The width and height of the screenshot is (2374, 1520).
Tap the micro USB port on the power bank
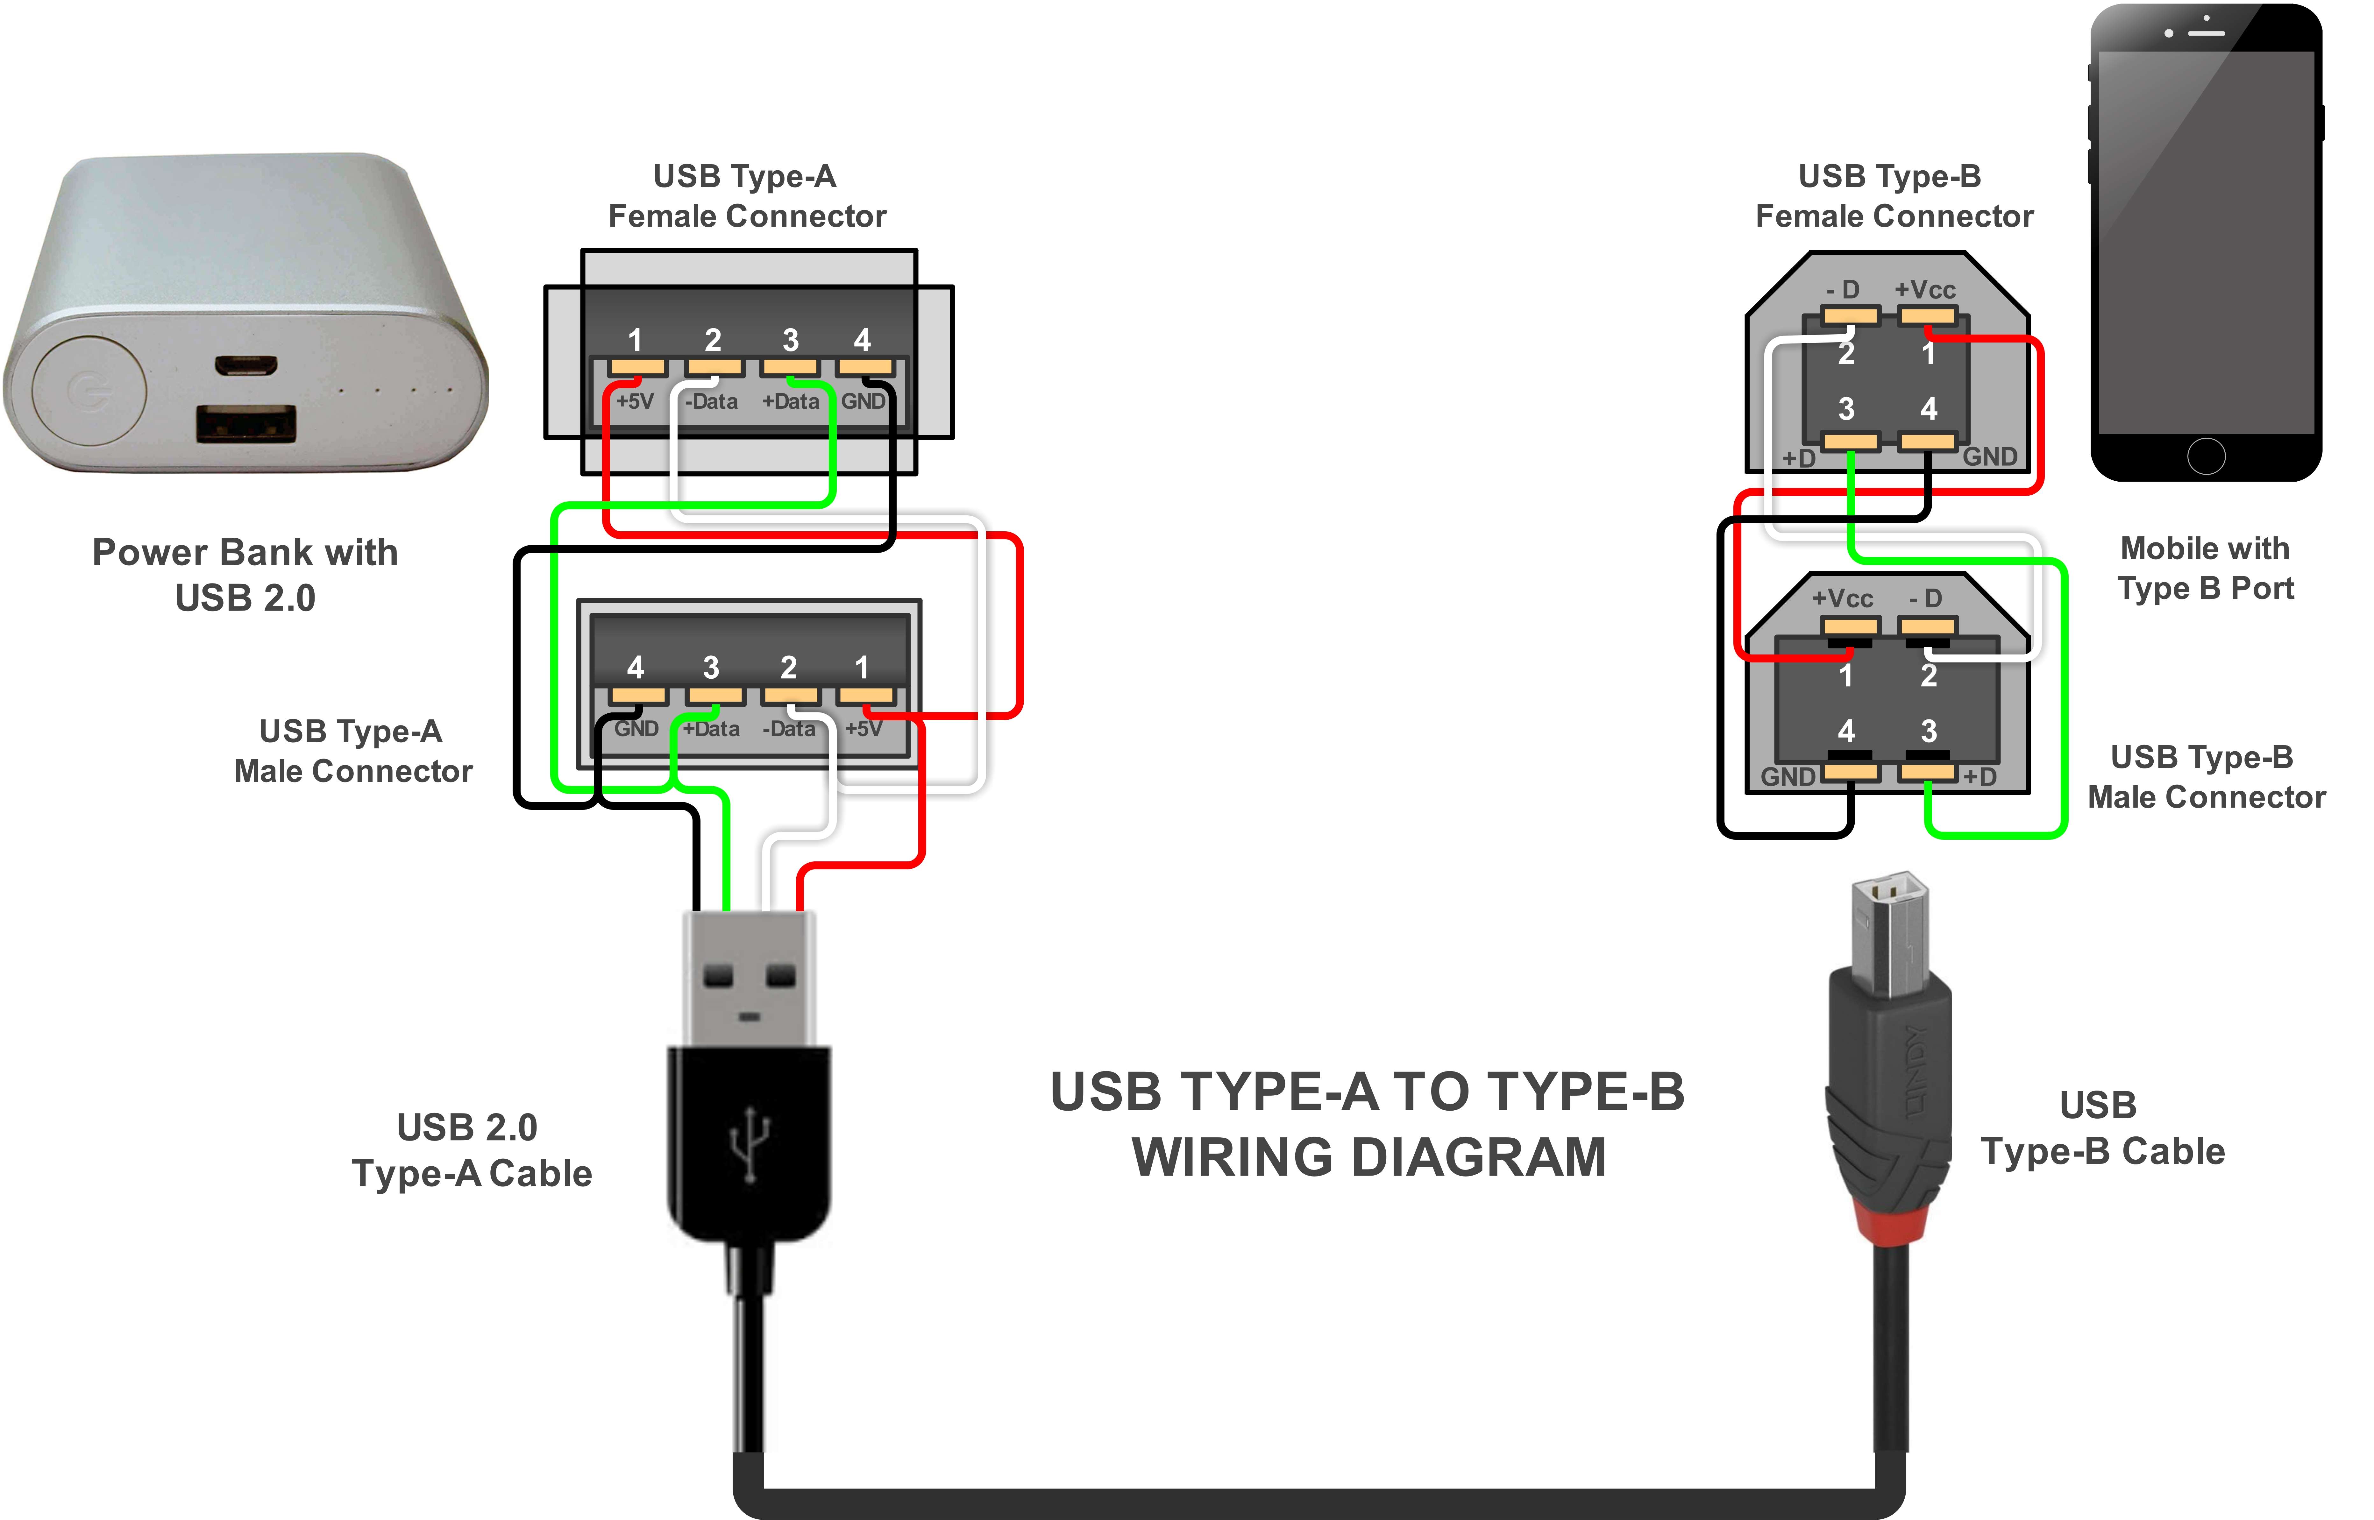(246, 365)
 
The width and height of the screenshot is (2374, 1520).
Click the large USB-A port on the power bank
(246, 424)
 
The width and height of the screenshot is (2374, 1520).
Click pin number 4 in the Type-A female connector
(862, 341)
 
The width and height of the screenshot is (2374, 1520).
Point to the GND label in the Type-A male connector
(636, 729)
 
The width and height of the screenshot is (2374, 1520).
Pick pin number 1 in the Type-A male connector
(862, 668)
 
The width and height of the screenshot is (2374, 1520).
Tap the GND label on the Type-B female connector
(1989, 457)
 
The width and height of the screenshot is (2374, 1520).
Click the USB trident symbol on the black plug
(750, 1145)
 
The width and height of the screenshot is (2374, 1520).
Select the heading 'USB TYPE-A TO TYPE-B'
(1367, 1092)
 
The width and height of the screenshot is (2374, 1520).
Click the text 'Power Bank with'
(245, 553)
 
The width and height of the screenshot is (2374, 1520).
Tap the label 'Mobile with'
(2204, 549)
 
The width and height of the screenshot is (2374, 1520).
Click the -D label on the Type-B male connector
(1925, 599)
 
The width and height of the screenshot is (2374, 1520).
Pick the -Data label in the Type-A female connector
(712, 402)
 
